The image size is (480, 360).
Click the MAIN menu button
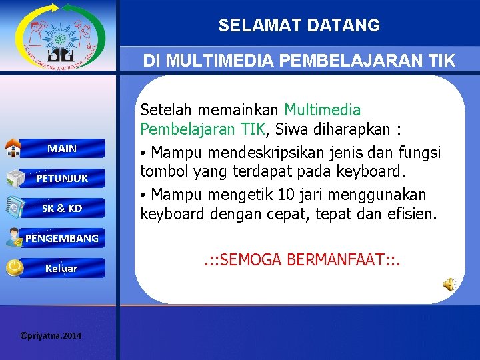(62, 148)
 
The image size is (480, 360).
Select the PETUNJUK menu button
(62, 178)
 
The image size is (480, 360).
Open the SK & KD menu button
(62, 208)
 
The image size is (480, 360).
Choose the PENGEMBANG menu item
(62, 238)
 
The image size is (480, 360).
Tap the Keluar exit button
(61, 268)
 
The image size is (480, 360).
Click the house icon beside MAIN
(13, 147)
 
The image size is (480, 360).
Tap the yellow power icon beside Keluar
(13, 267)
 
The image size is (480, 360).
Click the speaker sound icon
(449, 285)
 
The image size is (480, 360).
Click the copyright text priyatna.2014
(51, 335)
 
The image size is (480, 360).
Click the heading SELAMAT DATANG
(299, 26)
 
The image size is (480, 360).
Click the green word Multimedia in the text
(323, 110)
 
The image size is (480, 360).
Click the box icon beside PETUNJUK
(15, 178)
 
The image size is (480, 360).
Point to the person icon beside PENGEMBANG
(13, 237)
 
